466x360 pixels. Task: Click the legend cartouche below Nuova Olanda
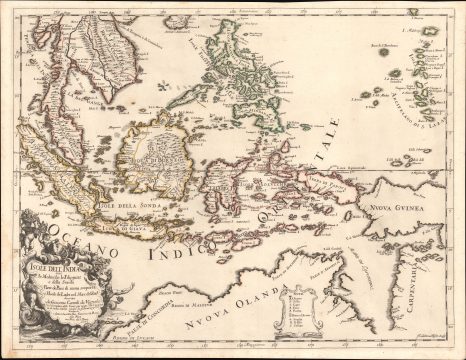point(305,312)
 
